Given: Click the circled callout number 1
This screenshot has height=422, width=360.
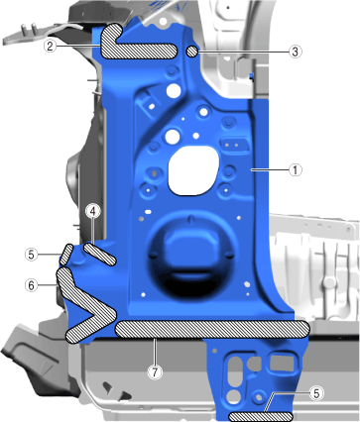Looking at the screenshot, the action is point(296,170).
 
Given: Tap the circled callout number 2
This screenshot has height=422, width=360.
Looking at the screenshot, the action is point(50,46).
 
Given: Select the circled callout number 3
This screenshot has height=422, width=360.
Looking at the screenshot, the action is point(295,52).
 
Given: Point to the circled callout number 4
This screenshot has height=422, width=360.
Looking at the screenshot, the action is point(93,211).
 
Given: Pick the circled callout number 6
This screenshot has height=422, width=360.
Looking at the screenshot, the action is point(32,285).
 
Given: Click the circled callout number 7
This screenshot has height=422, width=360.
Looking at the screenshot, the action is point(156,372).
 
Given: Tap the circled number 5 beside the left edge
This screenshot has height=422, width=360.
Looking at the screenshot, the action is point(32,255).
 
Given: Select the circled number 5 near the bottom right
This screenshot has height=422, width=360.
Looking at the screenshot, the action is point(316,393).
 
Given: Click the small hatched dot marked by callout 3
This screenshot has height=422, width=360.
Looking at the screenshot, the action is point(192,52).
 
